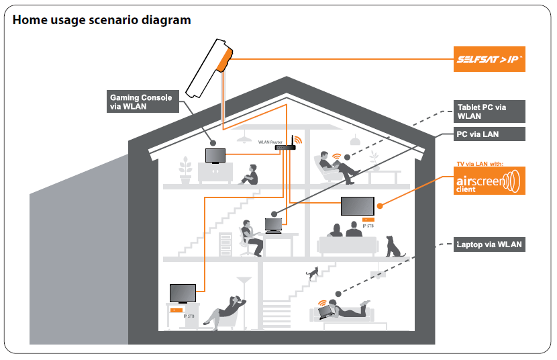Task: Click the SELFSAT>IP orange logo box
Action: click(489, 59)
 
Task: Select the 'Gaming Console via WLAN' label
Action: click(143, 101)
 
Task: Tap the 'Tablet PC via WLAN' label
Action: click(489, 111)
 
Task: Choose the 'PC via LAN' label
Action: click(489, 134)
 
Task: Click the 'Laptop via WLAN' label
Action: click(489, 244)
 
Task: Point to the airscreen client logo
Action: click(489, 181)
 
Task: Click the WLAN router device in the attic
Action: click(286, 145)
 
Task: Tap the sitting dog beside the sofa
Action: click(395, 246)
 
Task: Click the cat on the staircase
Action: click(312, 273)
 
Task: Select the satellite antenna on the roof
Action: click(209, 68)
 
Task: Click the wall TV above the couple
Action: click(358, 206)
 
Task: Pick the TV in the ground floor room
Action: click(183, 294)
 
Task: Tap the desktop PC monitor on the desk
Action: click(274, 226)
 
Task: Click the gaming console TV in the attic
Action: click(215, 156)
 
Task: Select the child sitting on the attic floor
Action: click(250, 175)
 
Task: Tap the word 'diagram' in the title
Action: click(166, 20)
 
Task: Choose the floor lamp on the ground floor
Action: click(244, 303)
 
